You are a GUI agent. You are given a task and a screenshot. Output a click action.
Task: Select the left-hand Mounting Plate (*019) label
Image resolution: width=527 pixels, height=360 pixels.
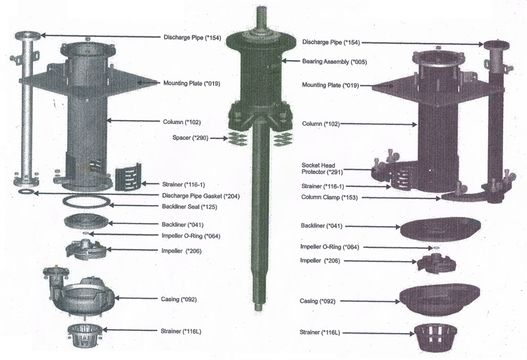[190, 84]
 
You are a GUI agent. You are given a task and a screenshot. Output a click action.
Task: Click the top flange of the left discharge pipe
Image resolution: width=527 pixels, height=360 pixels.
[26, 35]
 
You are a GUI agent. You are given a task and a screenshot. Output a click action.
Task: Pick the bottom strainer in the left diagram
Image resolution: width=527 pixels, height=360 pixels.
[84, 336]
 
